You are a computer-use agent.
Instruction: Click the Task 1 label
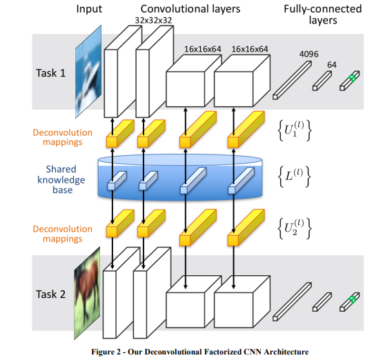point(51,73)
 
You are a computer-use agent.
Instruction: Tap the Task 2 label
point(51,294)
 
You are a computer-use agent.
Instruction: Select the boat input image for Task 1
point(88,72)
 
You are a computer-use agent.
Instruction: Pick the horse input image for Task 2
point(87,293)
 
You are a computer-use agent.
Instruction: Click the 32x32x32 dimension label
point(153,20)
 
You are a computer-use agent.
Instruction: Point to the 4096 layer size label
point(308,54)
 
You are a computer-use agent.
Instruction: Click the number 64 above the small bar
point(332,65)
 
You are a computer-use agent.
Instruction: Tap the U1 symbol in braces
point(295,130)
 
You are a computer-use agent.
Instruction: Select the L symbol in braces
point(295,177)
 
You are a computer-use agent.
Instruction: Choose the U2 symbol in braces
point(295,228)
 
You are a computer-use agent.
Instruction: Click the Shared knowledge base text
point(61,179)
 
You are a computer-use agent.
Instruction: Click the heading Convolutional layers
point(190,9)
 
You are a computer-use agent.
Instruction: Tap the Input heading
point(89,9)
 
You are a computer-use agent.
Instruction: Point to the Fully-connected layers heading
point(323,14)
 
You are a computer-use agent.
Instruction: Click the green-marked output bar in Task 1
point(350,81)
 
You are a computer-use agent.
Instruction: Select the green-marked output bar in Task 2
point(350,302)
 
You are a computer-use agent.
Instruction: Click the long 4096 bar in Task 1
point(292,80)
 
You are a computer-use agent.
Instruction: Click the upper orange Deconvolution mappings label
point(63,137)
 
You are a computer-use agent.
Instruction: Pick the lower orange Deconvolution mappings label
point(63,234)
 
